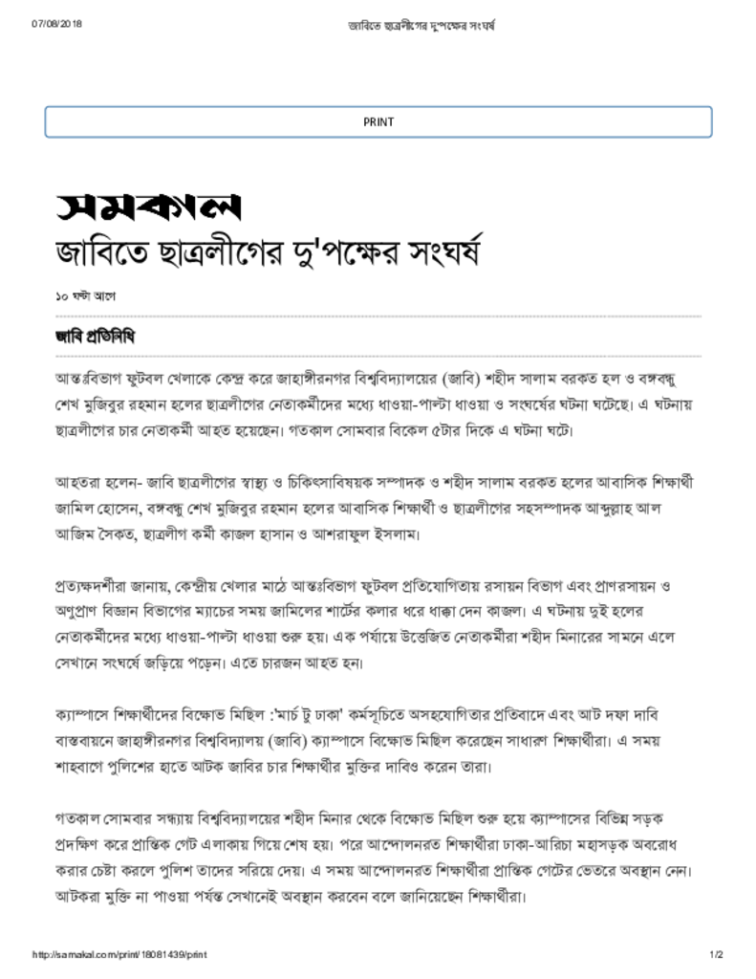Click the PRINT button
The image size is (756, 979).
(378, 121)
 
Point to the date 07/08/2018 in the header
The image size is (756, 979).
(56, 23)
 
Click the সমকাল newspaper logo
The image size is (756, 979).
(147, 205)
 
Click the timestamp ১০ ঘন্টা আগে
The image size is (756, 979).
(85, 297)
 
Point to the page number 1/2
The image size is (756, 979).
(716, 955)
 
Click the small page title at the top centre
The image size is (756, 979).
(421, 23)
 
